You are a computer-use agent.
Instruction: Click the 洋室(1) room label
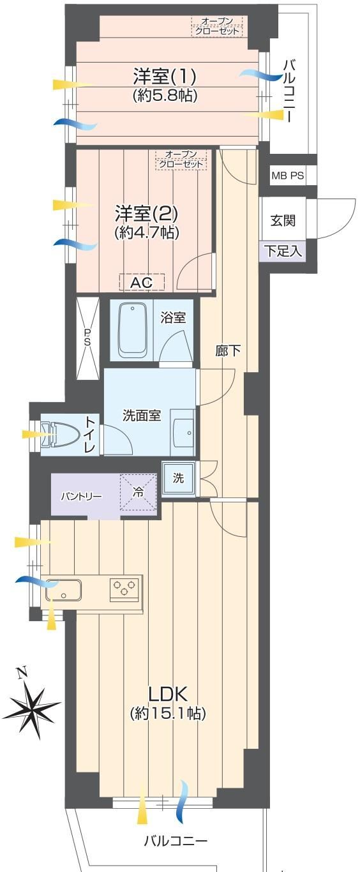(x=164, y=77)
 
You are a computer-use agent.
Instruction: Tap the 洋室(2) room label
(x=146, y=214)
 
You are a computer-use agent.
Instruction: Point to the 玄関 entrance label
(x=283, y=220)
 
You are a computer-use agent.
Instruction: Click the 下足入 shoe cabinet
(x=283, y=250)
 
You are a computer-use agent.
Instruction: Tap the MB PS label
(x=288, y=175)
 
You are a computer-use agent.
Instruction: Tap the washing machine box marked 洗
(x=179, y=477)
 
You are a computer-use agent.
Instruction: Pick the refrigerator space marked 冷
(x=138, y=492)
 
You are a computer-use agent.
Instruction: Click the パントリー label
(x=81, y=497)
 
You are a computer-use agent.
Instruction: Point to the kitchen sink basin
(x=63, y=590)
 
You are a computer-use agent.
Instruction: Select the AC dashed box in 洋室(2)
(x=142, y=282)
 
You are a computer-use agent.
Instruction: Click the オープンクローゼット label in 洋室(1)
(x=217, y=26)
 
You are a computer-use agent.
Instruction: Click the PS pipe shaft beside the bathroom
(x=87, y=338)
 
